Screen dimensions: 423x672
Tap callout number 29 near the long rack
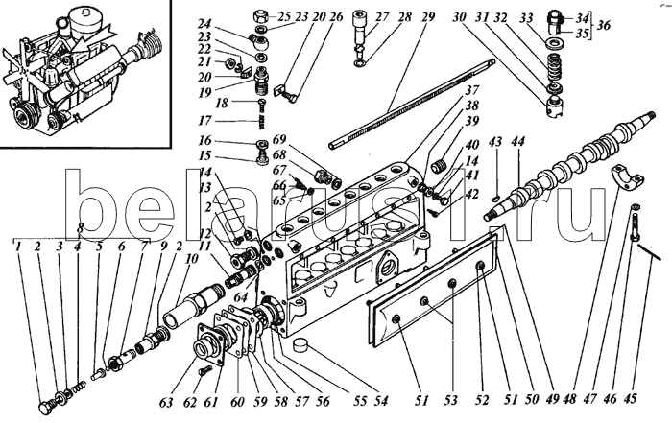click(x=428, y=16)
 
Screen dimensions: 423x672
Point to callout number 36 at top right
click(x=603, y=25)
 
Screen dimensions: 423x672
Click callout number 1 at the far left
click(x=17, y=247)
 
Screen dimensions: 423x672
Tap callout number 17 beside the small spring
click(x=204, y=121)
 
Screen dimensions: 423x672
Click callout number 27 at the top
click(x=357, y=16)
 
